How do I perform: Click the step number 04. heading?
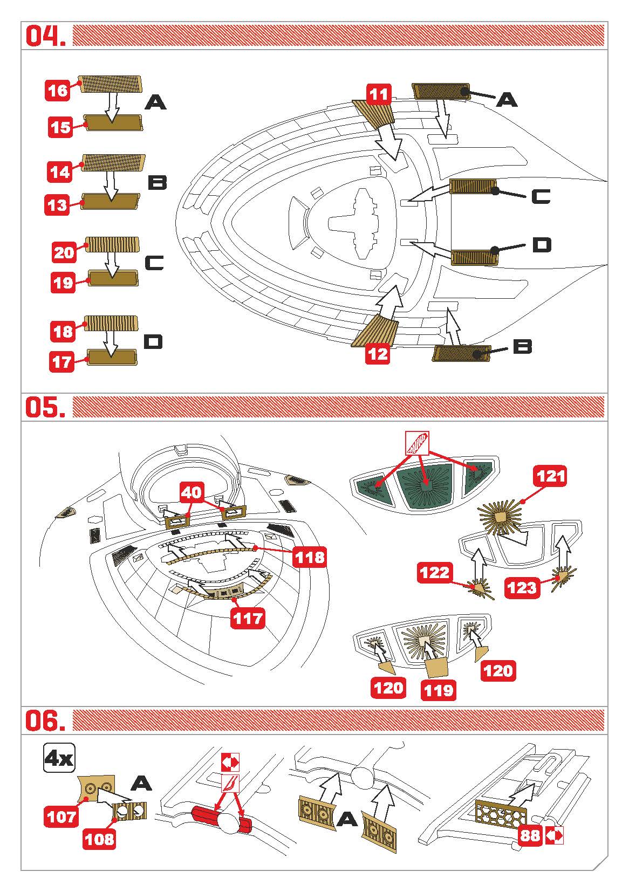coord(46,36)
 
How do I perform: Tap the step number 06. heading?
coord(46,721)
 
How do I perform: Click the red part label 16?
coord(58,90)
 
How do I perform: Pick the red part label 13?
coord(58,205)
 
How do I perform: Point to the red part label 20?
coord(64,252)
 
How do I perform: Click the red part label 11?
coord(379,95)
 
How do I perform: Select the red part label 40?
coord(193,492)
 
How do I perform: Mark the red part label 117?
coord(248,618)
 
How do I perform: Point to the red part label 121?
coord(551,476)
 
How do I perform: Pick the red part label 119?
coord(438,690)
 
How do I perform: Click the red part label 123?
coord(521,587)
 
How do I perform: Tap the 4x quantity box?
coord(59,759)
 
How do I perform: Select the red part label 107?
coord(61,817)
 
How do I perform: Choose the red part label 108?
coord(100,838)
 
